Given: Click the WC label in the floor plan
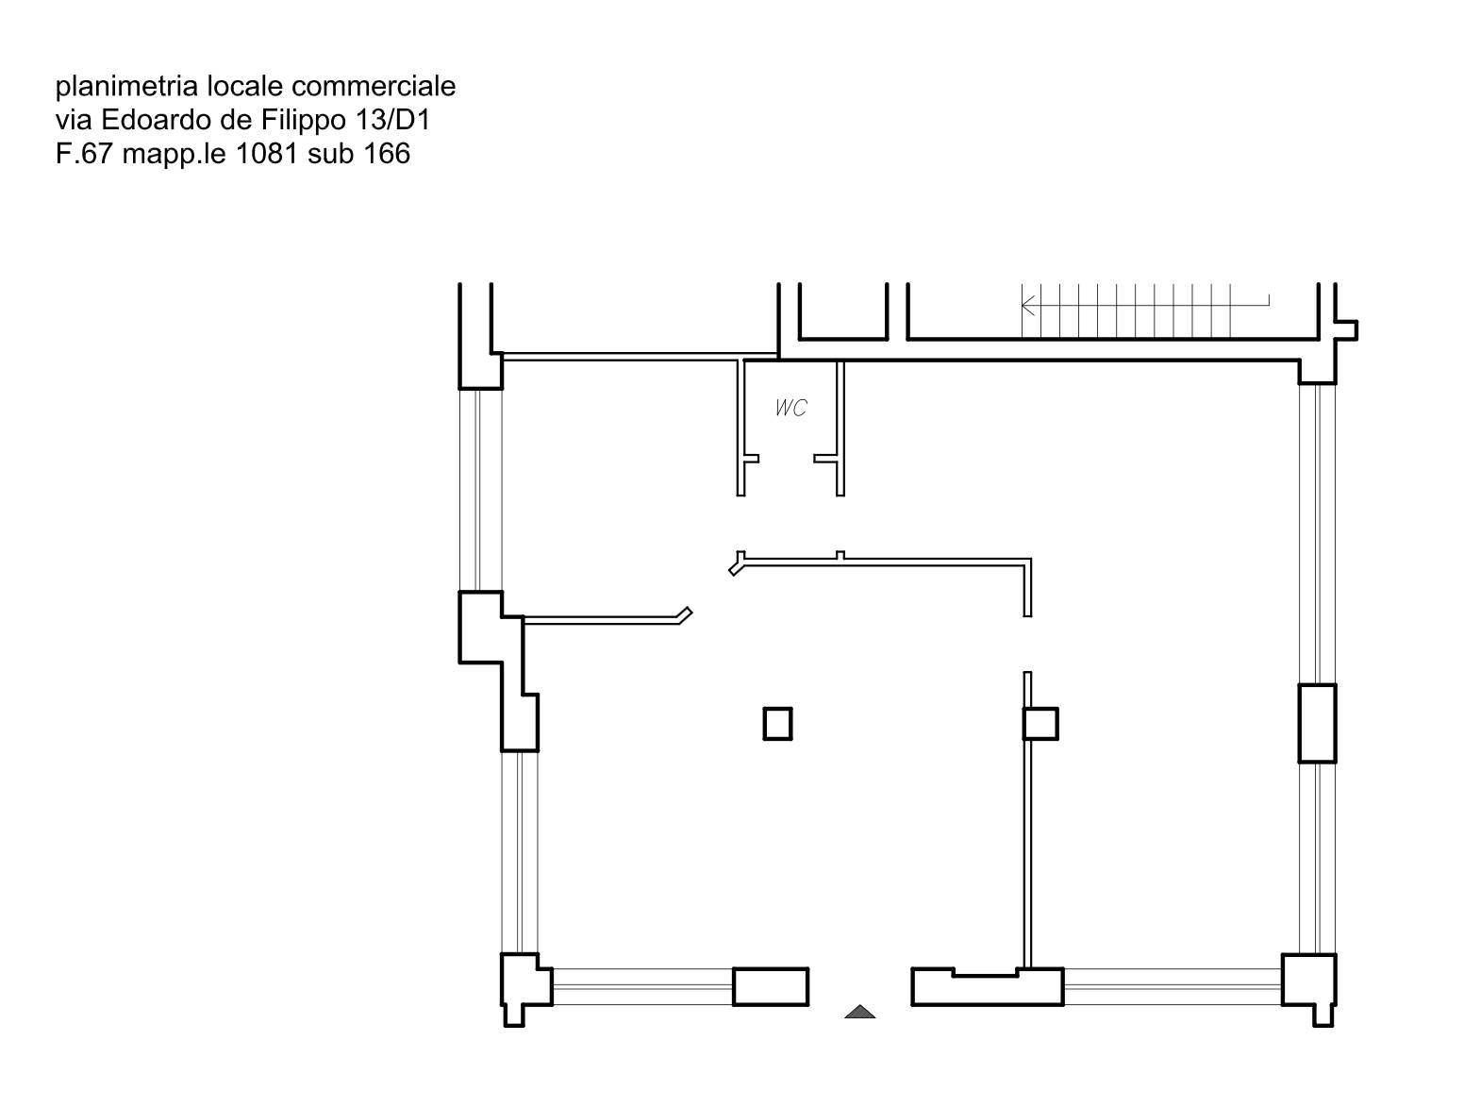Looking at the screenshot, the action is point(791,407).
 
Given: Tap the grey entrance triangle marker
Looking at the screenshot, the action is point(859,1012).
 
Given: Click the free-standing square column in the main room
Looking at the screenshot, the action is point(777,724).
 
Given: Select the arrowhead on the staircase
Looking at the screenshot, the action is point(1028,305).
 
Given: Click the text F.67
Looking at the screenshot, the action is point(85,154).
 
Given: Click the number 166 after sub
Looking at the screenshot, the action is point(387,154).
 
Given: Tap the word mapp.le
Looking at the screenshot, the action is point(175,155).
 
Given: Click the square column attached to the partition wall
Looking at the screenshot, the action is point(1040,724).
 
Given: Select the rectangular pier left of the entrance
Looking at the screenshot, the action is point(771,986).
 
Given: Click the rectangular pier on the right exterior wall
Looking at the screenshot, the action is point(1317,723).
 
